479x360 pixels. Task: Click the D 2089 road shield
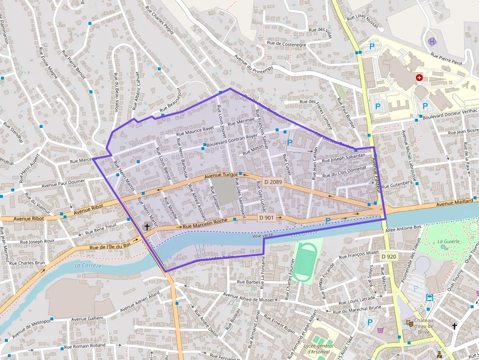point(273,182)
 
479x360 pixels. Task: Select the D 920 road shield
point(389,256)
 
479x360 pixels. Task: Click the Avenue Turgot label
point(221,175)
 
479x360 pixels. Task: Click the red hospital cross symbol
point(419,77)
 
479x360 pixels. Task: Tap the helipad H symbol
point(432,42)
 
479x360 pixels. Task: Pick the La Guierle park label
point(447,241)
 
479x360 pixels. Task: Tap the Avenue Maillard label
point(455,202)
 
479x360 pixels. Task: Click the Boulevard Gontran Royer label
point(232,141)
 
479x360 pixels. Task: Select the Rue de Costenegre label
point(286,43)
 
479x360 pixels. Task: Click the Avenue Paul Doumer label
point(63,182)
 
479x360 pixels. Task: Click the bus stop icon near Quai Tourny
point(429,297)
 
